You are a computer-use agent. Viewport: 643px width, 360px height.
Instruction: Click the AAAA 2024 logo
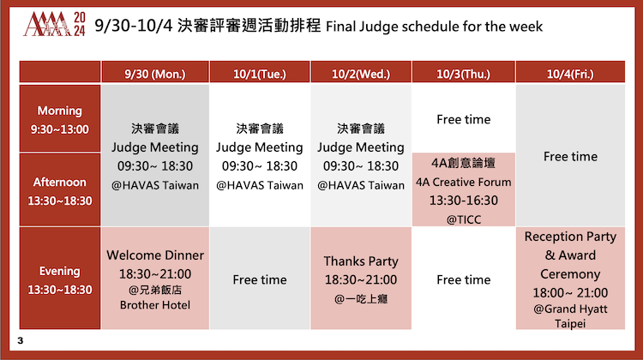point(54,24)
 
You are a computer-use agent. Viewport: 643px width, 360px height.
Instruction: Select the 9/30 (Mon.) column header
point(155,73)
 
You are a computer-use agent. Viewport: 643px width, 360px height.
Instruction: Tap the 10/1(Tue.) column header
point(260,73)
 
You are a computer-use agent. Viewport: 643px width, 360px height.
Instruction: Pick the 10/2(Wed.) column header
point(361,73)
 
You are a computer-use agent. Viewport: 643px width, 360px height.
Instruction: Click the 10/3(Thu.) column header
point(463,73)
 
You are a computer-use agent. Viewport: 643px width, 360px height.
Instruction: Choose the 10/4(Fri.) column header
point(570,73)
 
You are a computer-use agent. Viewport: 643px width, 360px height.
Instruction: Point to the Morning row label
point(60,119)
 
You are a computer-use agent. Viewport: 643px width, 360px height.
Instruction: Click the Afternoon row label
point(60,190)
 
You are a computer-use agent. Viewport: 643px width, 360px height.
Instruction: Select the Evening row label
point(60,279)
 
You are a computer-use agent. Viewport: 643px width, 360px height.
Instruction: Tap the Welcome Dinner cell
point(155,279)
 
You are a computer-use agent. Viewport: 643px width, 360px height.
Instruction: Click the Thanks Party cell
point(361,279)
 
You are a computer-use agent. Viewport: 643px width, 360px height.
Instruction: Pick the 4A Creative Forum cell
point(463,189)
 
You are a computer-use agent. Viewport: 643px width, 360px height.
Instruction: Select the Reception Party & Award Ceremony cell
point(570,279)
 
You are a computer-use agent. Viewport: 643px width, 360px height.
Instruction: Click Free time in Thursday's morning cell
point(463,119)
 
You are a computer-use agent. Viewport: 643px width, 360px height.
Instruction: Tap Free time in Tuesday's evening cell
point(260,279)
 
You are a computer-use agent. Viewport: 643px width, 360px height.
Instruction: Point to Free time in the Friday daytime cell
point(570,156)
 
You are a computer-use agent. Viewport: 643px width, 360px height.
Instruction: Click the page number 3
point(21,340)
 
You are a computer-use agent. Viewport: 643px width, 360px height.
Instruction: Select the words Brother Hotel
point(155,305)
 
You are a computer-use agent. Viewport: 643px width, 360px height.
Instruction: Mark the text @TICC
point(463,219)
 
